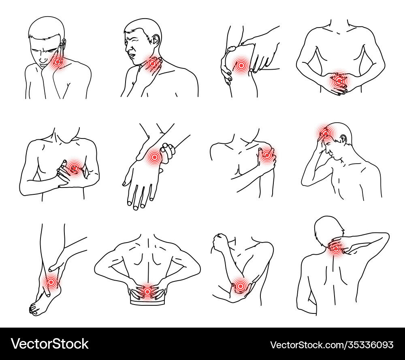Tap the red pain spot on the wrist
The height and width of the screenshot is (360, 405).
[x=155, y=156]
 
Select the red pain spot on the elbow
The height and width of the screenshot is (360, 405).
[x=241, y=286]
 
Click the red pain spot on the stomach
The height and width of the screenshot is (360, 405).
[x=338, y=81]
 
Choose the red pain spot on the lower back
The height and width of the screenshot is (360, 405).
[x=147, y=291]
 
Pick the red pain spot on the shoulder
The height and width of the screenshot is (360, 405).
[x=267, y=155]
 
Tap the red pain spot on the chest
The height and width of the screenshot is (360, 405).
[x=74, y=167]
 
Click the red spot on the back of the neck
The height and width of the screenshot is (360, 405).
[x=336, y=248]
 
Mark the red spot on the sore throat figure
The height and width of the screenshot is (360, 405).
[x=153, y=63]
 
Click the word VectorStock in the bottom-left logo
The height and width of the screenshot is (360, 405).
[x=50, y=344]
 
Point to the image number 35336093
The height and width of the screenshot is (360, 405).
[x=368, y=345]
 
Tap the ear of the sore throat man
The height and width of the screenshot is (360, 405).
[x=156, y=40]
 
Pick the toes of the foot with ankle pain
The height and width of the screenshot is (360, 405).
[x=34, y=309]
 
